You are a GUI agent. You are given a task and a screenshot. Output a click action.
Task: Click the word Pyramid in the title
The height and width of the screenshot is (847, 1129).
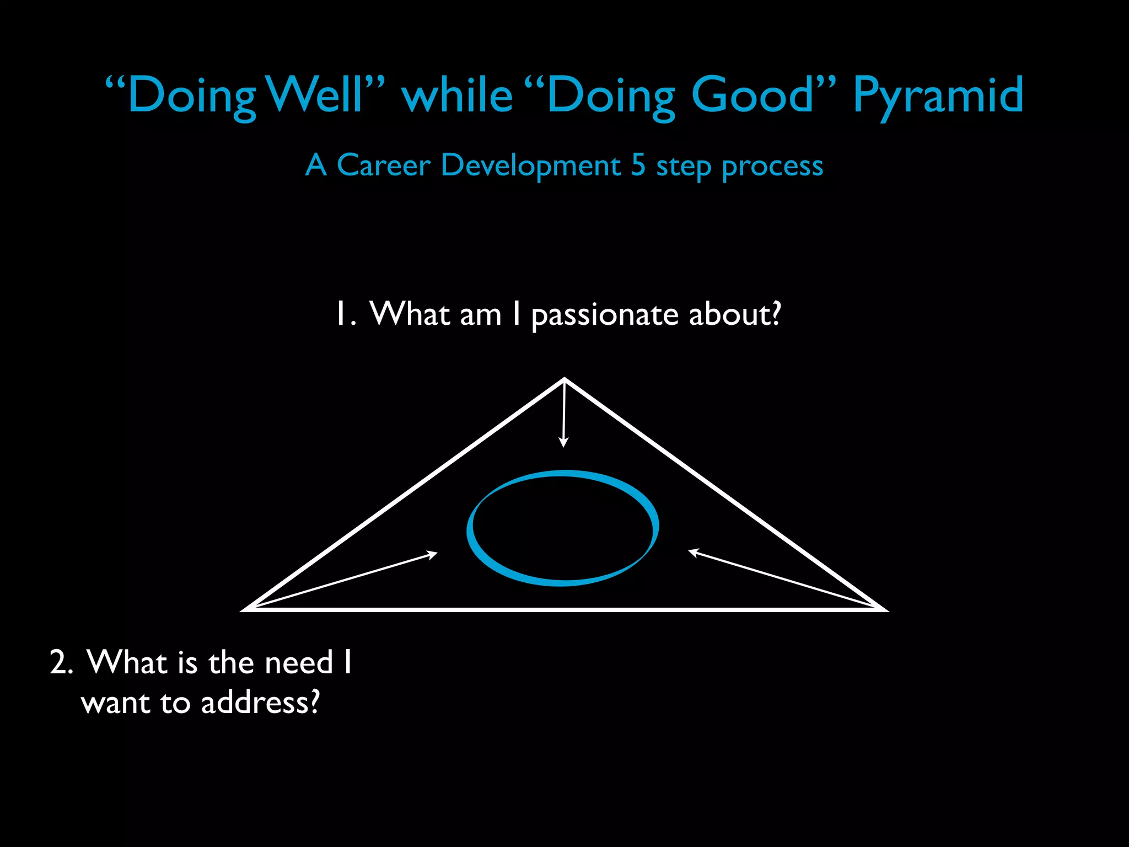tap(938, 96)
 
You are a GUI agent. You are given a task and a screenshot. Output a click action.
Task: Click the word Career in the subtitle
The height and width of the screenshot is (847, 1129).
tap(383, 165)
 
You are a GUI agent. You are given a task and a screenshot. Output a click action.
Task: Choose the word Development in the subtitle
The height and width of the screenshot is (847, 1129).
tap(530, 165)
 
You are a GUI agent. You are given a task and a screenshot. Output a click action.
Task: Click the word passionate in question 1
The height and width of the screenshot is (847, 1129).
tap(604, 315)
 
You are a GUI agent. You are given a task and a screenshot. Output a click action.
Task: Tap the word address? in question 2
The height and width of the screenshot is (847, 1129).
tap(260, 703)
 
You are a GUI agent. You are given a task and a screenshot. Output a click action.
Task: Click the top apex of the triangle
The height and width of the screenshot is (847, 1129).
tap(564, 380)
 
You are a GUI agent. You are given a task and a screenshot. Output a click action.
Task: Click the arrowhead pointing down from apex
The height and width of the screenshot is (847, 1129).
tap(563, 443)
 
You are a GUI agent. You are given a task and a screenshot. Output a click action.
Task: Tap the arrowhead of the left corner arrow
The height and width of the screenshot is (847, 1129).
tap(433, 554)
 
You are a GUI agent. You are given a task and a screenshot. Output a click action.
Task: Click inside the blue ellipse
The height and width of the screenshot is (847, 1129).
tap(562, 528)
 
